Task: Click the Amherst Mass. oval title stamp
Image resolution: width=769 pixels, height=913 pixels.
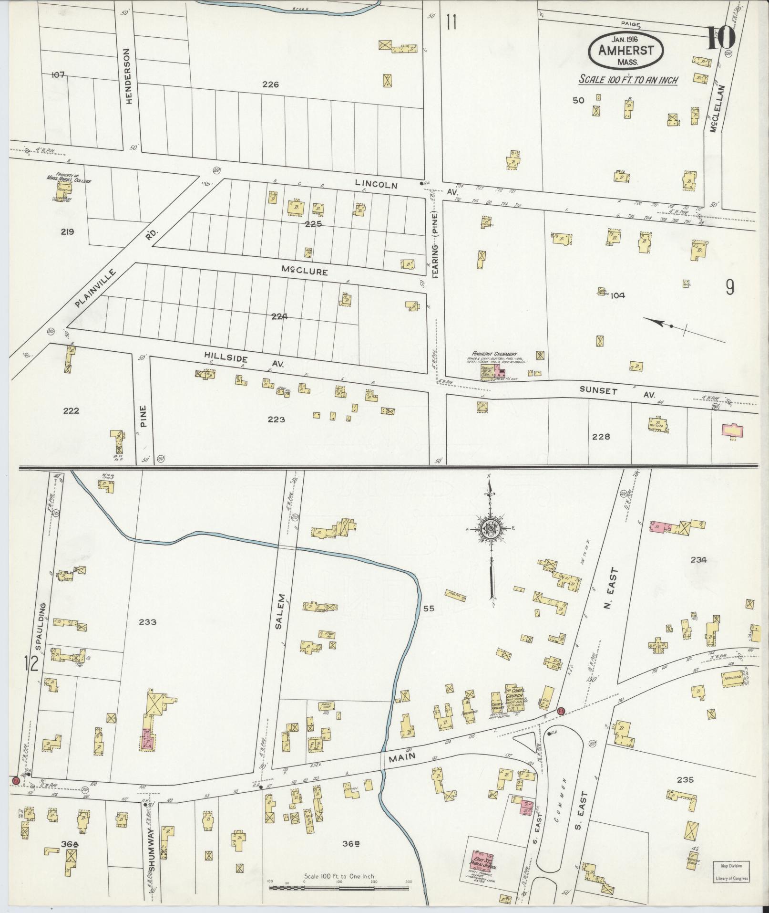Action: coord(627,51)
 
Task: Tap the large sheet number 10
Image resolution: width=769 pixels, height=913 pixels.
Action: coord(720,38)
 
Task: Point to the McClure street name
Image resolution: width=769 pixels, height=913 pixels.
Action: coord(304,272)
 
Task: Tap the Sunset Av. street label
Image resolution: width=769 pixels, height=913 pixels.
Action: coord(617,392)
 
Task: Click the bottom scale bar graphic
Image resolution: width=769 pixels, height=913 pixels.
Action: coord(338,888)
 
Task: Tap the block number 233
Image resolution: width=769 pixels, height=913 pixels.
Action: coord(148,622)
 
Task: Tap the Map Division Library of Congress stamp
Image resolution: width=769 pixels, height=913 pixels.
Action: coord(731,871)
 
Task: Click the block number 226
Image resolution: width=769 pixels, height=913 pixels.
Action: coord(270,84)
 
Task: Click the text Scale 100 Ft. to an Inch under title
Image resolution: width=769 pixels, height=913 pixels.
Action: coord(628,80)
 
